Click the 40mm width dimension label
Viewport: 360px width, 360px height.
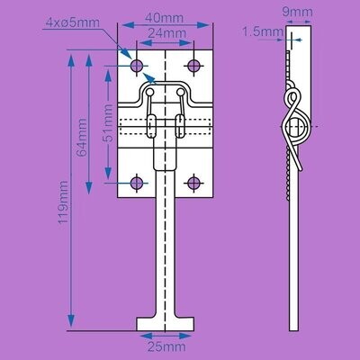[164, 18]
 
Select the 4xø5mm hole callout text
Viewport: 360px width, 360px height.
[73, 22]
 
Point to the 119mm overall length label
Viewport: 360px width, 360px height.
[63, 202]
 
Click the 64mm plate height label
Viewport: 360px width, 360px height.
[82, 138]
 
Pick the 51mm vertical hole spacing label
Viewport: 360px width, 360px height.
[107, 123]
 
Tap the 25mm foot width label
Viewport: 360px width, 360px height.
[166, 347]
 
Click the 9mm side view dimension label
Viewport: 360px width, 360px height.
[297, 12]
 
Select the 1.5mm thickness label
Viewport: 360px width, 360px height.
[263, 31]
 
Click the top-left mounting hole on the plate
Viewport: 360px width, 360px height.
[137, 66]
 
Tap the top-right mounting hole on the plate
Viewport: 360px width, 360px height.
[193, 66]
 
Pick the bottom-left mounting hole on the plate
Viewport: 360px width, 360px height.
[137, 183]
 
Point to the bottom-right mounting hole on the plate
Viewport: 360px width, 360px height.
[193, 183]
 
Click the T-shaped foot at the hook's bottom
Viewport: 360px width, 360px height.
[166, 324]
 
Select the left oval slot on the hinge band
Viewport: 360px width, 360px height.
[151, 126]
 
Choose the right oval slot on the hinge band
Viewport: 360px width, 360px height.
[180, 126]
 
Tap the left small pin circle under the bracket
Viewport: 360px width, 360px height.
[150, 92]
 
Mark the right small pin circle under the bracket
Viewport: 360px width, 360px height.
[180, 92]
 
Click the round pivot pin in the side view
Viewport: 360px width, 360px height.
[295, 126]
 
